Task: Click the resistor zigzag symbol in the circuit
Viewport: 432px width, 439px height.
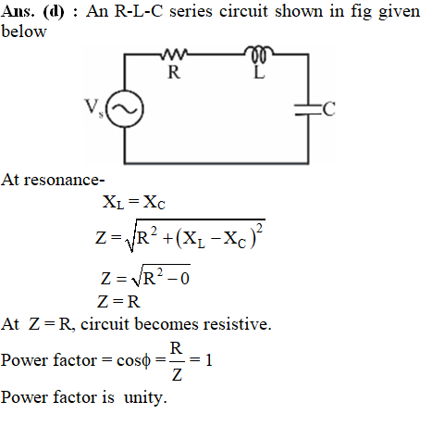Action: (x=174, y=54)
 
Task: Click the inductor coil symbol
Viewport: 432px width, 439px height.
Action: (x=259, y=53)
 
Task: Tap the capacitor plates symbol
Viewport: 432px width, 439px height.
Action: (x=308, y=109)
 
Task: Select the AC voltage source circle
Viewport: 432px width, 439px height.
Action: (x=125, y=108)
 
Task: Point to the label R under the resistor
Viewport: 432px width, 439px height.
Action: (x=174, y=72)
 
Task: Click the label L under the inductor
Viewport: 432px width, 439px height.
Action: (x=259, y=72)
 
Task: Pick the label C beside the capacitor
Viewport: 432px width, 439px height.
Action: (x=329, y=109)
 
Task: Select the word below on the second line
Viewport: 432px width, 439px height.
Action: (x=24, y=31)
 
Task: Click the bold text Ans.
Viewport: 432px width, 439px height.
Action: (x=18, y=11)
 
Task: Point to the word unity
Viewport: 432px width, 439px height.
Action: (x=145, y=397)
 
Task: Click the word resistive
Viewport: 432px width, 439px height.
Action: (x=237, y=324)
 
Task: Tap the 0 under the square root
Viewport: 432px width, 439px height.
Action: (x=185, y=279)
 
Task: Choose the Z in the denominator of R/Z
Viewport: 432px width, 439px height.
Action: (x=177, y=375)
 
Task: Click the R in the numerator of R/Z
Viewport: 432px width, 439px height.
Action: (x=176, y=348)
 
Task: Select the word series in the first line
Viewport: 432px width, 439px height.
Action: (x=191, y=11)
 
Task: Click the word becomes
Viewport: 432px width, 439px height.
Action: (x=167, y=324)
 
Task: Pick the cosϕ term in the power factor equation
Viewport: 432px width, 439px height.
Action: (x=133, y=360)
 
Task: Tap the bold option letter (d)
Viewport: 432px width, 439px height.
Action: (x=54, y=12)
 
